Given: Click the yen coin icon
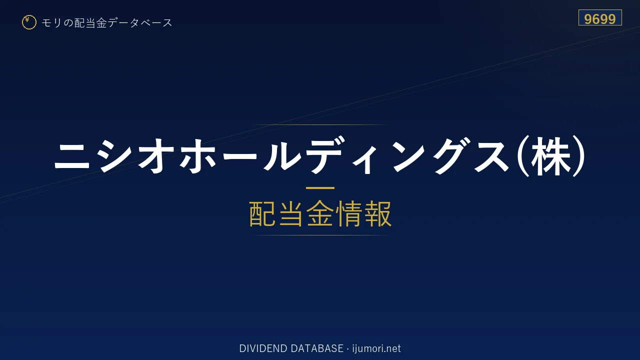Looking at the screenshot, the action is [29, 22].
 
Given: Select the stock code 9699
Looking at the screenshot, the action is [599, 19].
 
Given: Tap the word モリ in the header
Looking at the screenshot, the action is [51, 23].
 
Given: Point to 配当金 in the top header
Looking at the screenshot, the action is [90, 23].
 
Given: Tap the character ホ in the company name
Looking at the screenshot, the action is [197, 156].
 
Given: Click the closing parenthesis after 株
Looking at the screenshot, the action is [579, 156].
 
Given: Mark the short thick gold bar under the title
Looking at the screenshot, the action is [320, 188].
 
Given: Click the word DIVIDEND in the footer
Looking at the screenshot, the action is [263, 348].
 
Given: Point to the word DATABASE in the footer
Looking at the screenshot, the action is [317, 348].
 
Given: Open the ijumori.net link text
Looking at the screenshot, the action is [376, 348].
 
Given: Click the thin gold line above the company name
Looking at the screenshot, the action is [320, 125].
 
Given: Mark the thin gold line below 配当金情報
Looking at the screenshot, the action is [320, 235].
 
